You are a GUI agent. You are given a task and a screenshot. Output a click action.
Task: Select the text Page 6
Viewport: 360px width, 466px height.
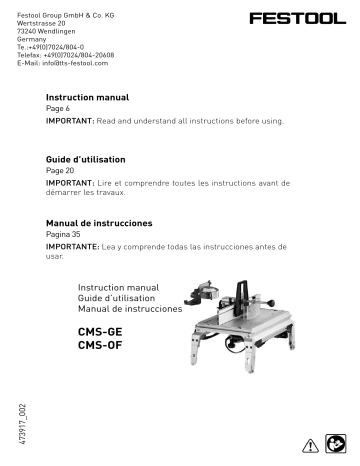click(x=61, y=108)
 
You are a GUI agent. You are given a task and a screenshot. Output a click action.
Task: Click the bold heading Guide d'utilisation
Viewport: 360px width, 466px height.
click(x=88, y=160)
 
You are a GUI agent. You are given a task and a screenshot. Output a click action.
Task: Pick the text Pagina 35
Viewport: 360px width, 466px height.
click(x=66, y=233)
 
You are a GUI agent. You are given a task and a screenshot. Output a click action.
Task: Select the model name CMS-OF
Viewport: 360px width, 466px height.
click(x=100, y=345)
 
